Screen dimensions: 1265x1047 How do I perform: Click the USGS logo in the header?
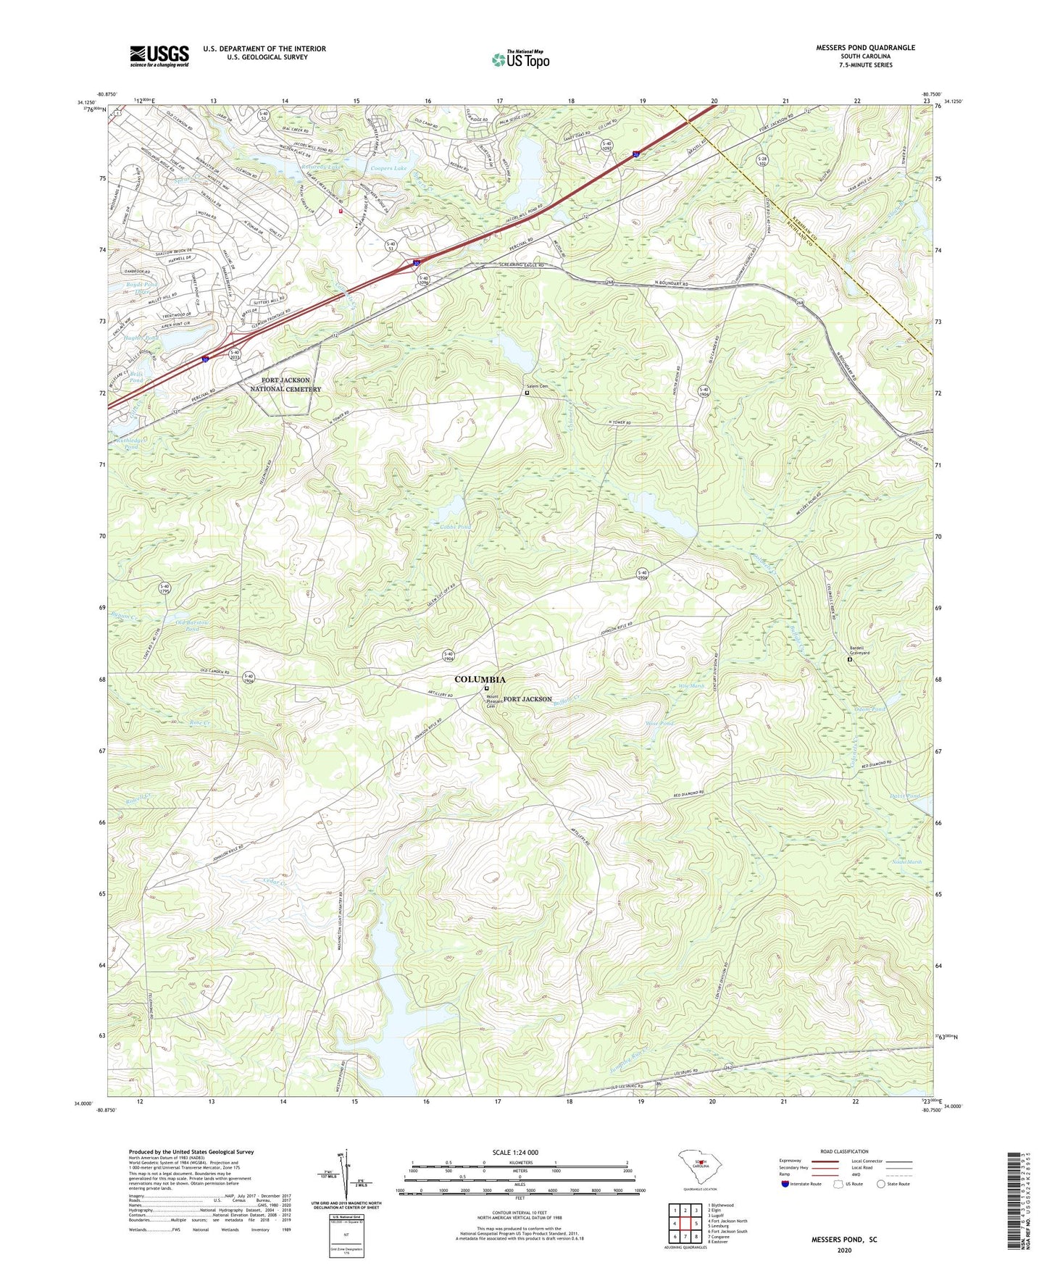click(159, 55)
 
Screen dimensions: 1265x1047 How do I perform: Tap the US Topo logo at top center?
click(520, 59)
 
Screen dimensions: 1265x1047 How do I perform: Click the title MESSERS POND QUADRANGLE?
click(865, 48)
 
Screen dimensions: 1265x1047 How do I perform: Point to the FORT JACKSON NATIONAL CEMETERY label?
click(285, 385)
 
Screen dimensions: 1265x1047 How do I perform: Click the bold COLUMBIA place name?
click(480, 680)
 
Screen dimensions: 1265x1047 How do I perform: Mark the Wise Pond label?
click(659, 723)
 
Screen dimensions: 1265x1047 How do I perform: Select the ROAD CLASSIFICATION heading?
click(844, 1151)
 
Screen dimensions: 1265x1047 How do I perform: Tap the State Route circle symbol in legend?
click(881, 1184)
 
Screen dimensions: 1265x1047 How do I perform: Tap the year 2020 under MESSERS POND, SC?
click(844, 1251)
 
